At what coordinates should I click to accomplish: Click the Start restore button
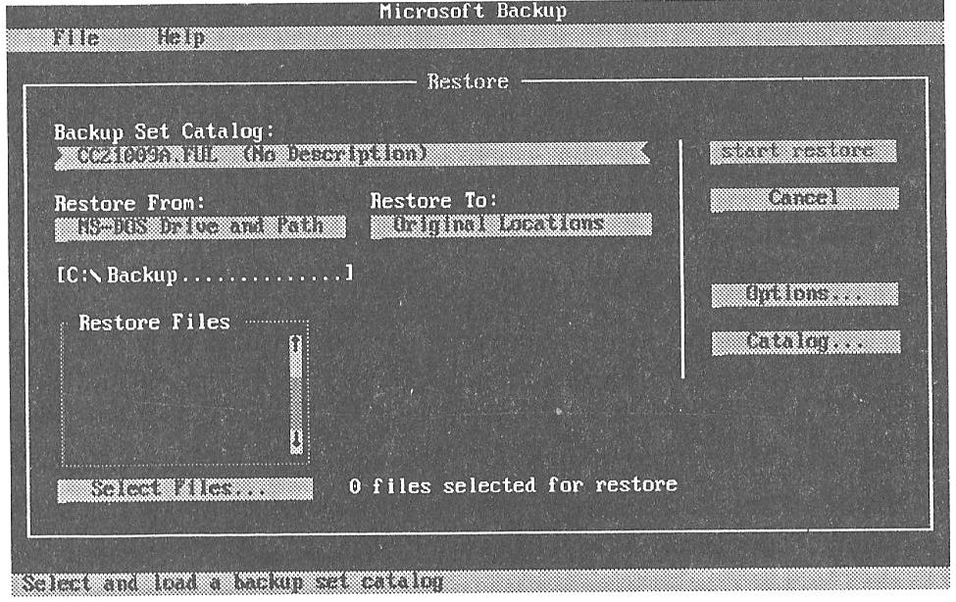pyautogui.click(x=803, y=152)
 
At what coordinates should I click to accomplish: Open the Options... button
pyautogui.click(x=803, y=294)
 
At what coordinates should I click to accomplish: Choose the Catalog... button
pyautogui.click(x=805, y=342)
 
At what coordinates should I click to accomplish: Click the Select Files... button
pyautogui.click(x=184, y=488)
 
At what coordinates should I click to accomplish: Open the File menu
pyautogui.click(x=76, y=37)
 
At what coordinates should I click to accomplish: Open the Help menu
pyautogui.click(x=180, y=37)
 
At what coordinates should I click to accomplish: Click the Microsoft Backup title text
pyautogui.click(x=473, y=11)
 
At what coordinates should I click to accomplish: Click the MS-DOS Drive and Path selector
pyautogui.click(x=200, y=226)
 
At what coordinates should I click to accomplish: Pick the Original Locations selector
pyautogui.click(x=511, y=225)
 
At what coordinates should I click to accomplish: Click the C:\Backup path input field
pyautogui.click(x=203, y=275)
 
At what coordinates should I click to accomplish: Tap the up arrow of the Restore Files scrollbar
pyautogui.click(x=296, y=345)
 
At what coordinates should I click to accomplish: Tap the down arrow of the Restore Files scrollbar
pyautogui.click(x=296, y=438)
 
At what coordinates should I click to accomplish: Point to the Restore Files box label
pyautogui.click(x=154, y=322)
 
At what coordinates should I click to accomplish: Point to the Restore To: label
pyautogui.click(x=434, y=201)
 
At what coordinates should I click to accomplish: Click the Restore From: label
pyautogui.click(x=128, y=203)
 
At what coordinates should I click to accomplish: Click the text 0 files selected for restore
pyautogui.click(x=513, y=485)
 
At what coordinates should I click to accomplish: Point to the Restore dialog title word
pyautogui.click(x=468, y=81)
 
